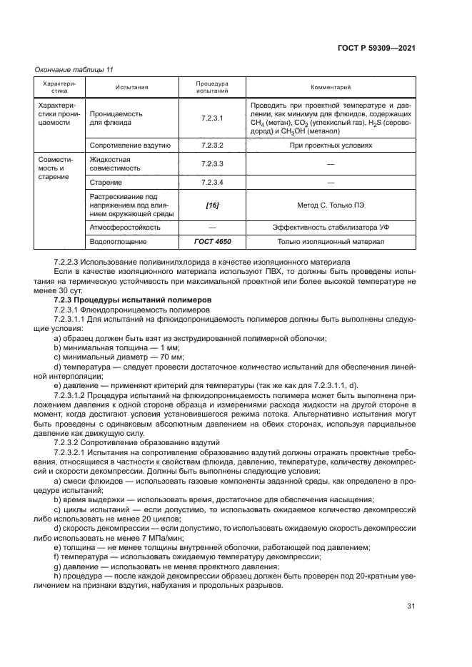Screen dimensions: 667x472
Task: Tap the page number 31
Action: (x=411, y=606)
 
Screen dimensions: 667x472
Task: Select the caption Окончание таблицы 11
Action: (x=74, y=69)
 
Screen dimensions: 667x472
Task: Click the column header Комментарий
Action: (x=330, y=88)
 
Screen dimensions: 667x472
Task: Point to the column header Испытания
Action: (x=131, y=88)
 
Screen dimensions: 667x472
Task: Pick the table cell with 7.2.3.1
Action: (x=212, y=118)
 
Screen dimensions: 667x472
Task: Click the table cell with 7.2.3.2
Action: (x=212, y=145)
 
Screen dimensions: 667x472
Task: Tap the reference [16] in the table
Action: (x=212, y=205)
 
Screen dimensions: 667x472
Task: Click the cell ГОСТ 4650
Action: (x=212, y=242)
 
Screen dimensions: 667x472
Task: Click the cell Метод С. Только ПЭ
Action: (x=330, y=205)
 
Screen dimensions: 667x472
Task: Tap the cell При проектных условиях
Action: (x=330, y=145)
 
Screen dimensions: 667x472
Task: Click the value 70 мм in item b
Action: (x=171, y=356)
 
